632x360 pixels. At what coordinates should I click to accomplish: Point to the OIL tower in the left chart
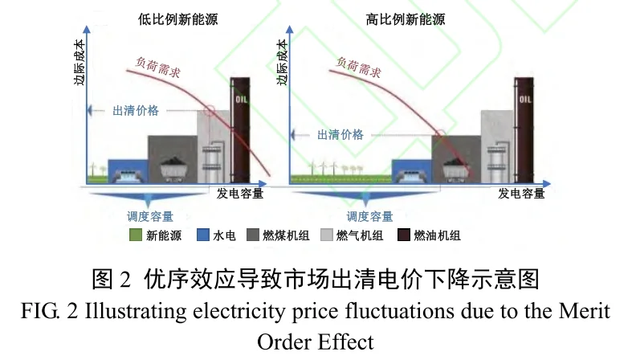[x=241, y=129]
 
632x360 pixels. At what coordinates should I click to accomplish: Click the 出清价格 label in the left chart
[x=137, y=110]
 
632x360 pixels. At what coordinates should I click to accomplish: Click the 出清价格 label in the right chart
[x=340, y=135]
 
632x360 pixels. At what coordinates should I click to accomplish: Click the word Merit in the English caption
[x=585, y=309]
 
